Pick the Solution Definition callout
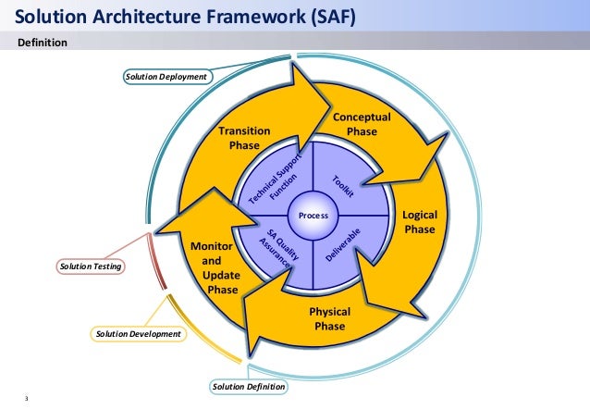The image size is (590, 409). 248,386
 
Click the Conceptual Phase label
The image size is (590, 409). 362,125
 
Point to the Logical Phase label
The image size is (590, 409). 420,222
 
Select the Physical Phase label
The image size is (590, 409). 329,318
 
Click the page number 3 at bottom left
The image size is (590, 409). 27,400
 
